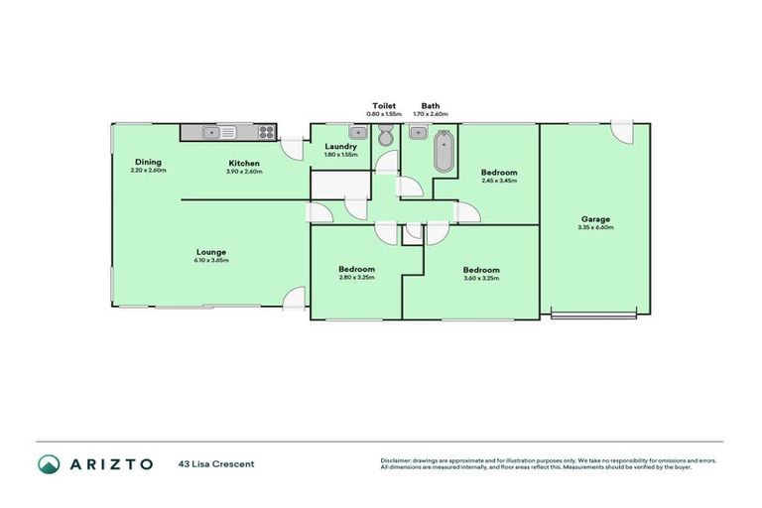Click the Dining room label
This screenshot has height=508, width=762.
point(149,163)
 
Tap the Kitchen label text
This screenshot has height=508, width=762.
point(244,163)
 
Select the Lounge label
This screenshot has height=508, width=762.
point(211,252)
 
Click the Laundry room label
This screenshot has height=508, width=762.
point(340,147)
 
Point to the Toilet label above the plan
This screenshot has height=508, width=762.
point(384,105)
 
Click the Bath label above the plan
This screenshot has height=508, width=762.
point(431,105)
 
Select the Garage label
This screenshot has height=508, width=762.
point(596,219)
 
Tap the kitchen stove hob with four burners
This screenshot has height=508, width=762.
point(266,131)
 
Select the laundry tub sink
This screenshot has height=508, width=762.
point(356,131)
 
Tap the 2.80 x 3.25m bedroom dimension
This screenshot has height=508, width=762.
point(356,279)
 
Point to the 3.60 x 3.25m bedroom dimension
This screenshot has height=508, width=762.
point(481,279)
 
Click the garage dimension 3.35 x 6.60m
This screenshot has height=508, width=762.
point(596,228)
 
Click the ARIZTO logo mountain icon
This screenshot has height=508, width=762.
point(49,463)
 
